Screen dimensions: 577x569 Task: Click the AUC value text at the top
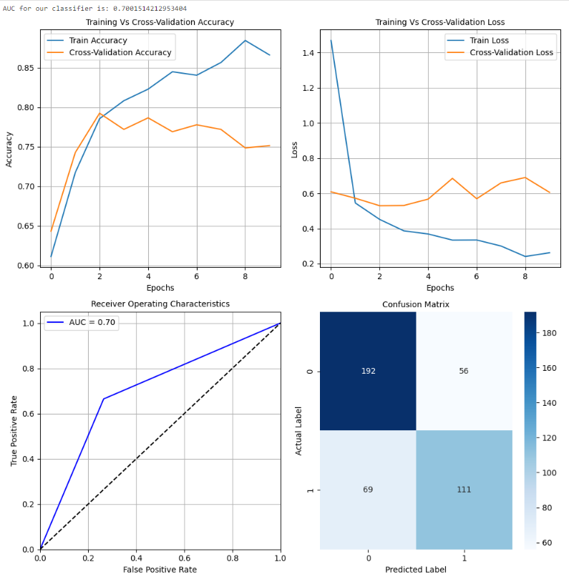94,9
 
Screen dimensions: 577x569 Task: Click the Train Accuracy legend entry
97,40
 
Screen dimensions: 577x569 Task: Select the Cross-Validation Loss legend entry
512,52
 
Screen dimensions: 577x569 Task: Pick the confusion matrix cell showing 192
368,371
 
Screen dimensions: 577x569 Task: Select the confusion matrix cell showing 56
464,371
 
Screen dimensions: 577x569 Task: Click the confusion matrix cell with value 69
368,490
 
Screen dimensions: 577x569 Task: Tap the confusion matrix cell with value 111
464,490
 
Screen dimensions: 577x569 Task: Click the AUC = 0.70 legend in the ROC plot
80,322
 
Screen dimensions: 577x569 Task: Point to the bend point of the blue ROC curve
104,399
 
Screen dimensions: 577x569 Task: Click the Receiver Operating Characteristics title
160,304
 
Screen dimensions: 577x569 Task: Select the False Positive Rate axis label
160,570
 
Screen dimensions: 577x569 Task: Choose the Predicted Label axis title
416,570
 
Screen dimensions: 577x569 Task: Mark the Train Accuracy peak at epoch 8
245,40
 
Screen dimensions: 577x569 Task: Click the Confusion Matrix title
416,304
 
